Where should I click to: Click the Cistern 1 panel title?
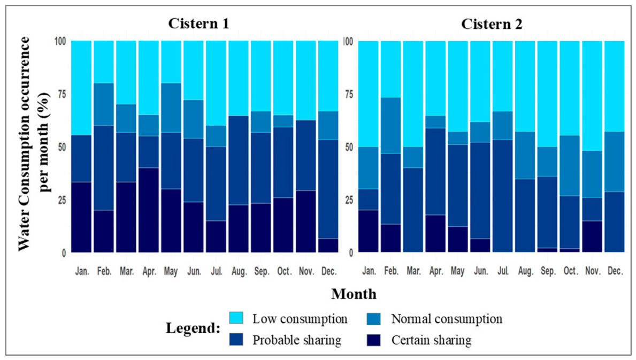pos(199,24)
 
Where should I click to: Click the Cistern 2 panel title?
pos(492,24)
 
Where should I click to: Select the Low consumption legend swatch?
pos(236,318)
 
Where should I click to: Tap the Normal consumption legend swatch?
pos(373,318)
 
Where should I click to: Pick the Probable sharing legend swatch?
pos(236,339)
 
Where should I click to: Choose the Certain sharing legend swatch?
pos(373,339)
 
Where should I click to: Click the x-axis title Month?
pos(354,294)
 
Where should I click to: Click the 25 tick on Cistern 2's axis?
pos(348,200)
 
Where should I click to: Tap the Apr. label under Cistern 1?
pos(149,271)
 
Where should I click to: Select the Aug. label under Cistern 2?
pos(525,271)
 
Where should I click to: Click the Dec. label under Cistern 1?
pos(328,271)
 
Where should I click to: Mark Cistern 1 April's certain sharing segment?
pos(149,210)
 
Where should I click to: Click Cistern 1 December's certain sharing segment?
pos(328,246)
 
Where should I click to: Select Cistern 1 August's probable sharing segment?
pos(239,160)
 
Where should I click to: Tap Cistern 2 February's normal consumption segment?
pos(391,126)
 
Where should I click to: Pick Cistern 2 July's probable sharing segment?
pos(503,196)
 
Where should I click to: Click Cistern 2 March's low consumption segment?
pos(413,94)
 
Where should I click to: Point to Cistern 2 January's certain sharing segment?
pos(369,231)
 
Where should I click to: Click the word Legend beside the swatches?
pos(193,327)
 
